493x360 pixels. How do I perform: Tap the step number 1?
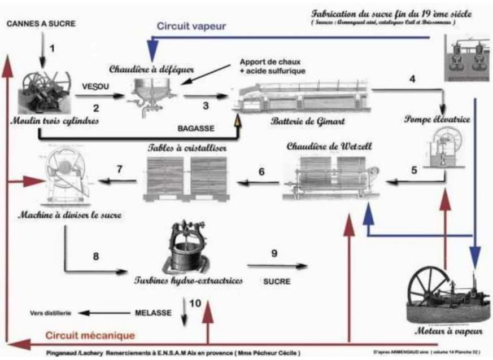(x=53, y=48)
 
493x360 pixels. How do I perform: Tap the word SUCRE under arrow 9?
(x=276, y=280)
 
